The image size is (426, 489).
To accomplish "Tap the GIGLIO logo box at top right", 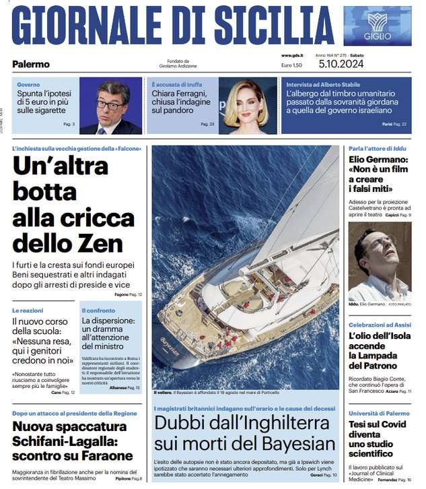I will tap(377, 26).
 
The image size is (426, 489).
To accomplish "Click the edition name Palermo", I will tap(31, 64).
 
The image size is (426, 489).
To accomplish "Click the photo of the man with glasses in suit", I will tap(110, 106).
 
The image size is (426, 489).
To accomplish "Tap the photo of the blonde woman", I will tap(247, 106).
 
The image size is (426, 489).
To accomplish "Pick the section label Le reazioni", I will tap(28, 310).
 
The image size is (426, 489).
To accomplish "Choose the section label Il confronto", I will tap(98, 311).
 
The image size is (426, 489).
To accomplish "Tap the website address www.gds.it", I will tap(292, 55).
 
